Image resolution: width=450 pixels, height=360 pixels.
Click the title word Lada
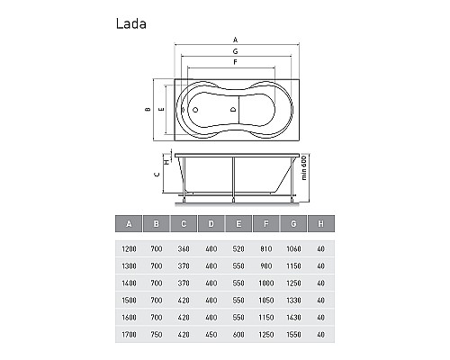click(x=131, y=24)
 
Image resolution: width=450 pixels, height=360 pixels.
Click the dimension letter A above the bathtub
click(x=234, y=40)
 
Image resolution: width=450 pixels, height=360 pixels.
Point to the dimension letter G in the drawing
click(x=234, y=51)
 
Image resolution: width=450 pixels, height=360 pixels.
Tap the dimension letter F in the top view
click(x=234, y=62)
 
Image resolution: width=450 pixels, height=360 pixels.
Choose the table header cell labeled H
click(x=319, y=224)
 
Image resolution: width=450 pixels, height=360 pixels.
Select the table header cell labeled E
click(x=238, y=224)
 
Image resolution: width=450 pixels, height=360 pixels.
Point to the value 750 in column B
click(x=156, y=337)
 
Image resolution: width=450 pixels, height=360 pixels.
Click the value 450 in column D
click(x=211, y=337)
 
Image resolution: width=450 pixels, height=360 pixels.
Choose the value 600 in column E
click(x=238, y=337)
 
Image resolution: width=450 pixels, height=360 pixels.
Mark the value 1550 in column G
click(x=292, y=337)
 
